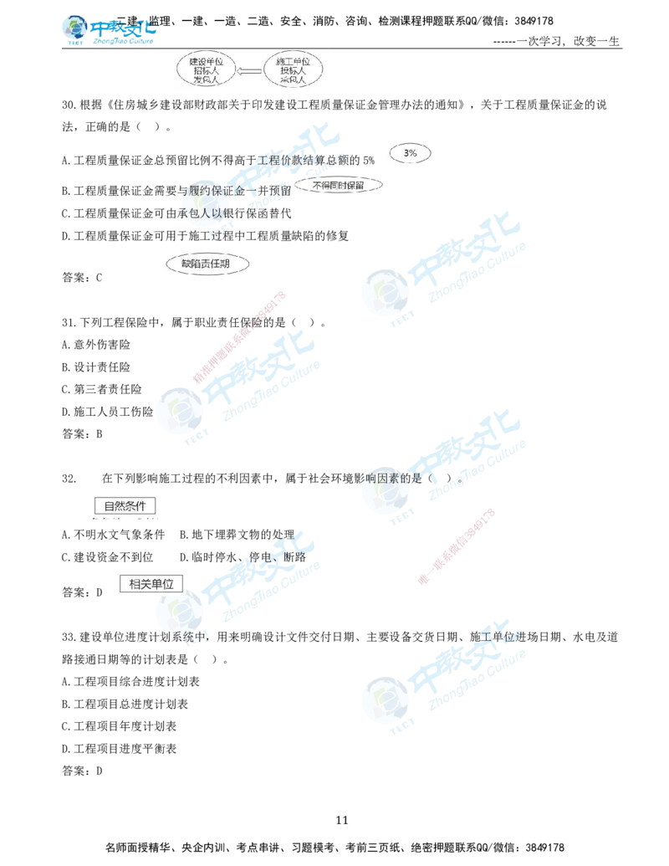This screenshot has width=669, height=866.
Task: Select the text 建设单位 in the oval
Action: [204, 61]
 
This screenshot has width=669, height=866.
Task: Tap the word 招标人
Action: [204, 71]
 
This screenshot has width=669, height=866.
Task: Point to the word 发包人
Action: [204, 81]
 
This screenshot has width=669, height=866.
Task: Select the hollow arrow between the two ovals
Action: [248, 71]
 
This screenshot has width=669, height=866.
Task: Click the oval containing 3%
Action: [410, 153]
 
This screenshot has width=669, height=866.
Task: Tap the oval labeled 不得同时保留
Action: [339, 185]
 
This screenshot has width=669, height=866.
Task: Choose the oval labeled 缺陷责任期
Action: [204, 264]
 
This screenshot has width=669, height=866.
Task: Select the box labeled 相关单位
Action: [146, 584]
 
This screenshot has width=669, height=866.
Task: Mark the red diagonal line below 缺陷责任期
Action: [240, 336]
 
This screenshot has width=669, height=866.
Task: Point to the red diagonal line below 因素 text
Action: [456, 545]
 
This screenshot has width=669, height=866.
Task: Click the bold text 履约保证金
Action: [219, 192]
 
